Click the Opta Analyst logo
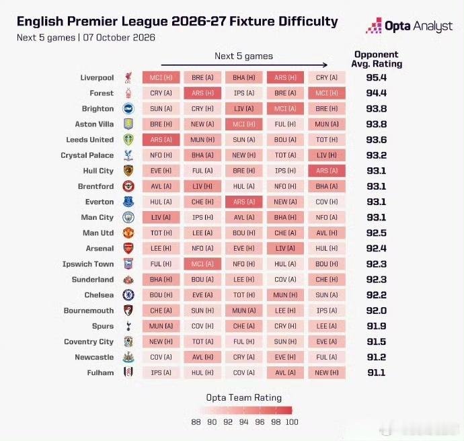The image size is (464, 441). click(x=409, y=26)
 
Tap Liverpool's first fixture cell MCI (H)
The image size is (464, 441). click(x=161, y=77)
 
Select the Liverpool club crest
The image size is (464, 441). click(x=128, y=77)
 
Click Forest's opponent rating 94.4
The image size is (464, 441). click(x=377, y=93)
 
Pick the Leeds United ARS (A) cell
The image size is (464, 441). click(x=161, y=140)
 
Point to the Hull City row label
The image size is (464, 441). click(x=98, y=171)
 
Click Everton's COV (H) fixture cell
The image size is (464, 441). click(x=327, y=202)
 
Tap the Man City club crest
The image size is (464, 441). click(x=128, y=217)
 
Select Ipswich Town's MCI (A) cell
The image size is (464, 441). click(x=202, y=264)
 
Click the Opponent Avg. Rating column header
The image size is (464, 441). click(x=377, y=59)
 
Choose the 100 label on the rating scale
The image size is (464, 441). click(x=292, y=422)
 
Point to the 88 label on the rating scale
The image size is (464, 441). click(x=196, y=422)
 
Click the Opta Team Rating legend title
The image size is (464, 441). click(x=244, y=398)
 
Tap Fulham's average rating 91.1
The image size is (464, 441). click(x=377, y=372)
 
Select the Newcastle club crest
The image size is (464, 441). click(x=128, y=357)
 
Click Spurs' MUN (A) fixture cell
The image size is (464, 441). click(x=161, y=326)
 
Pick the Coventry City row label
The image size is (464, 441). click(x=89, y=342)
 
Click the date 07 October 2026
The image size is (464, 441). click(x=119, y=38)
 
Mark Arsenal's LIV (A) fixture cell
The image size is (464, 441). click(x=285, y=249)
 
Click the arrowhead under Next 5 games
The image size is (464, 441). click(x=325, y=65)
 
